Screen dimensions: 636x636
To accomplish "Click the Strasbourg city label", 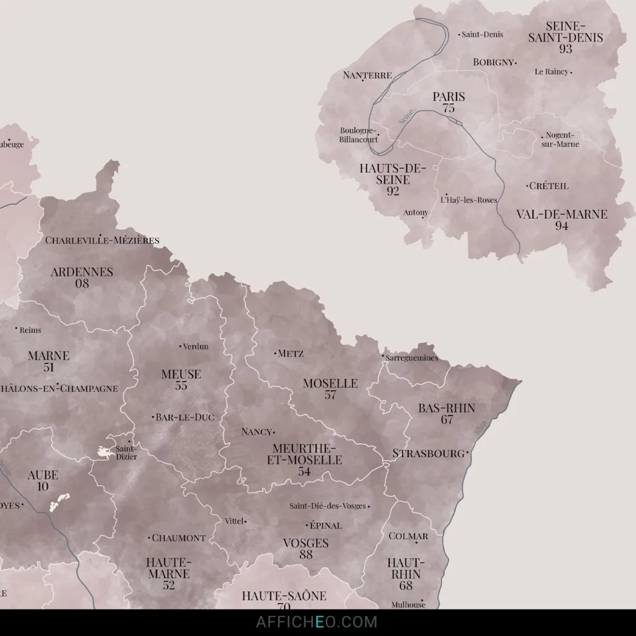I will click(x=429, y=453).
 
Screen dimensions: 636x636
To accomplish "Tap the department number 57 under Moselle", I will click(x=330, y=394).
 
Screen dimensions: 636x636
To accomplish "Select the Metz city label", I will click(x=291, y=353).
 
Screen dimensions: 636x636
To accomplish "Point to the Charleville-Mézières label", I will click(x=102, y=240).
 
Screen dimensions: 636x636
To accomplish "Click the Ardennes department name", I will click(x=82, y=272).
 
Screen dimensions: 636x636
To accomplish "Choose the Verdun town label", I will click(x=196, y=346).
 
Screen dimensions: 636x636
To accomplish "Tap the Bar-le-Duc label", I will click(x=184, y=417).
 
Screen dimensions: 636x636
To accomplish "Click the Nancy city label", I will click(x=257, y=432).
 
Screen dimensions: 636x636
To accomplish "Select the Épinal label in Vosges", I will click(x=325, y=525).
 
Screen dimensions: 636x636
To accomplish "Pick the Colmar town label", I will click(x=408, y=536).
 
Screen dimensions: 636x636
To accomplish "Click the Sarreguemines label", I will click(x=412, y=358).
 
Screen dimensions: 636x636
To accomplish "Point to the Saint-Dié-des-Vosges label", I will click(x=329, y=506).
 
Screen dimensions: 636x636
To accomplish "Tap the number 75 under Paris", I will click(x=448, y=108).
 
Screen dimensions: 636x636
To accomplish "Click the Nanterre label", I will click(x=367, y=75).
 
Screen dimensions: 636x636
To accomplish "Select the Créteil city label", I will click(x=548, y=186).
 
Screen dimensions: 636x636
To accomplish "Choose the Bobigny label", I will click(x=493, y=62).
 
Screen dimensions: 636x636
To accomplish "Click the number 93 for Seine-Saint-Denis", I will click(x=565, y=48).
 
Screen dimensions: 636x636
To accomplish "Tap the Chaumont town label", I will click(x=179, y=538).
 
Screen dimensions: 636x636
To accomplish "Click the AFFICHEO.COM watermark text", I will click(x=317, y=622).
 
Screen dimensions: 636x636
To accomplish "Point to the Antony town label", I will click(x=416, y=212).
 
